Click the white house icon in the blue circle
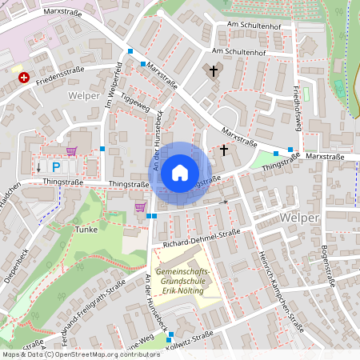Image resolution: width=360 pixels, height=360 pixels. tap(180, 172)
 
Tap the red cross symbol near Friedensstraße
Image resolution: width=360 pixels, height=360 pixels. tap(24, 78)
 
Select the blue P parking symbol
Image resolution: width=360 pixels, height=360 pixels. tap(56, 167)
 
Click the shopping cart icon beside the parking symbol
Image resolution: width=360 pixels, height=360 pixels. tap(72, 150)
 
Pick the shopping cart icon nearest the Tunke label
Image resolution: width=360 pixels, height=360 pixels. tap(141, 207)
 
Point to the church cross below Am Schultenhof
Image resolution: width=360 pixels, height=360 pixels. tap(214, 72)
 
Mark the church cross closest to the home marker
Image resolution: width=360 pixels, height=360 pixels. tap(224, 150)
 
